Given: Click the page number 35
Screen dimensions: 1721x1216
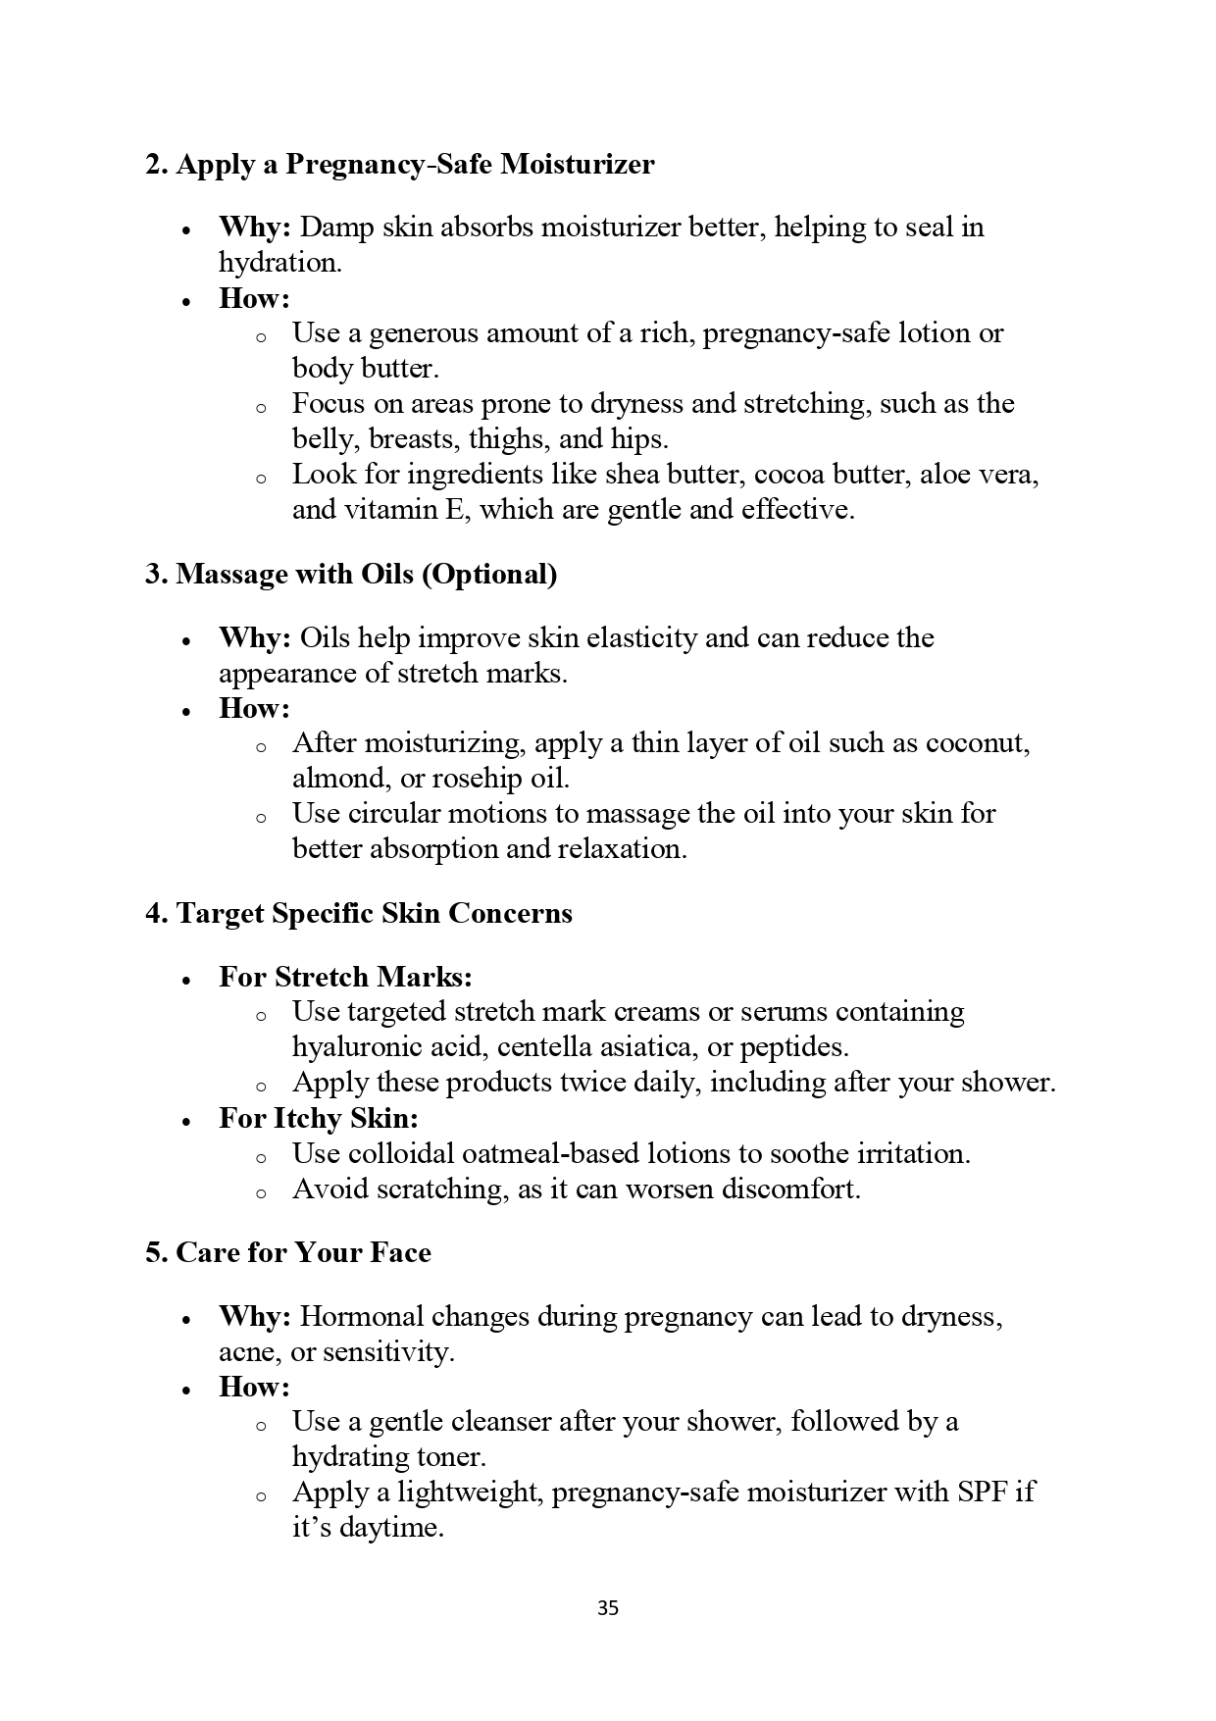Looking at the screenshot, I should coord(607,1608).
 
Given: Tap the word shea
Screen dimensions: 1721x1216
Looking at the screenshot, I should coord(633,475).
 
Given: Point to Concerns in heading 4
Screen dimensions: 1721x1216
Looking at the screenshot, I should coord(510,913).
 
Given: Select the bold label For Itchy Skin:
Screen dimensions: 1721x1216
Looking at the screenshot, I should coord(319,1118).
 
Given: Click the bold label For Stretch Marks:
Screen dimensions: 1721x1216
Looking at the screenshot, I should coord(345,977).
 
